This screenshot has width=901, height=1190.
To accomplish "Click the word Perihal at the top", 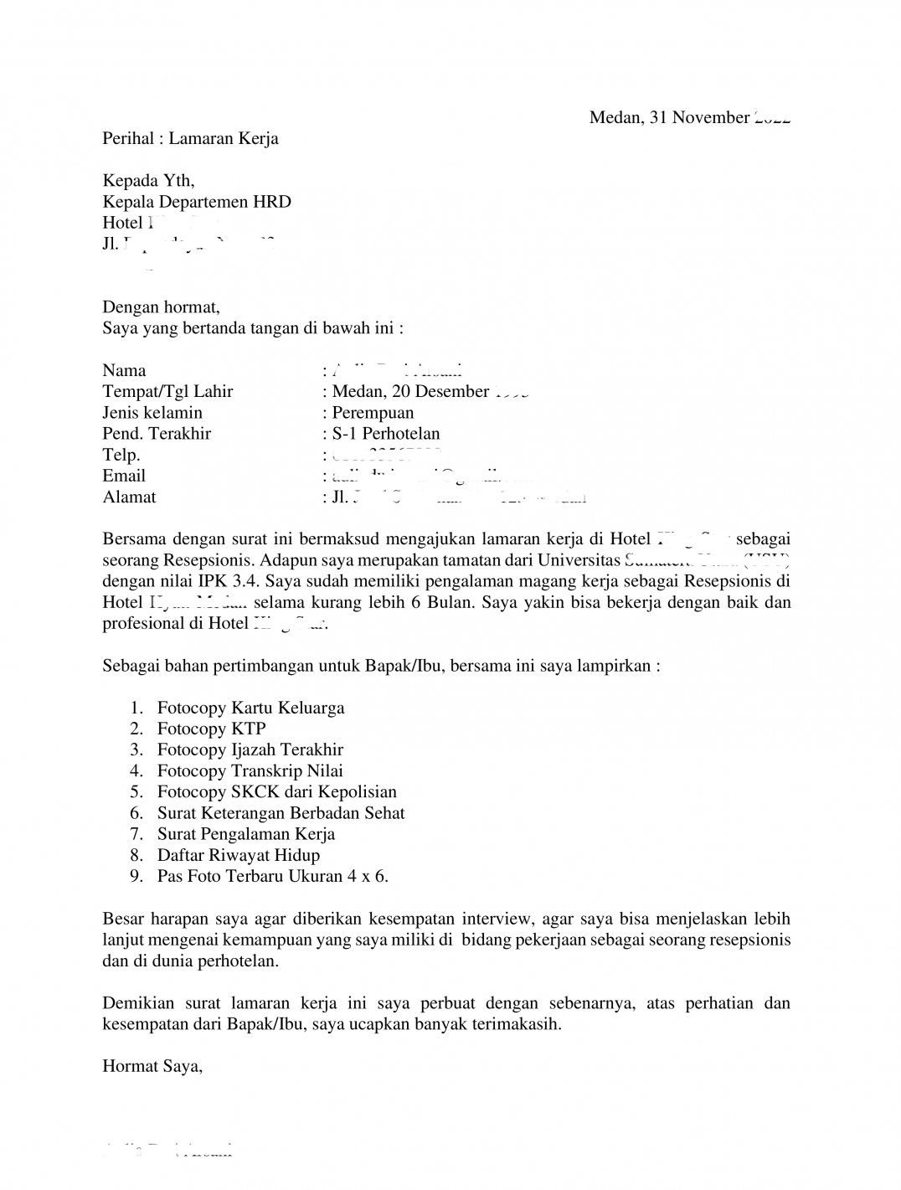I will (127, 139).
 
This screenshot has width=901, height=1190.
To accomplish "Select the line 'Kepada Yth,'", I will (148, 181).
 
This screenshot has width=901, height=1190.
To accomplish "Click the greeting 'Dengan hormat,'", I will (161, 307).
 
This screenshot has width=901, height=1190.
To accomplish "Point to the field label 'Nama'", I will (124, 370).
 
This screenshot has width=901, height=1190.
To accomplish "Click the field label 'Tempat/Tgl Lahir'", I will (167, 391).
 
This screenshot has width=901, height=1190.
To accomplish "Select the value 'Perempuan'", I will (373, 412).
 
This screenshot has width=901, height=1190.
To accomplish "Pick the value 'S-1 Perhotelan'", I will (386, 433).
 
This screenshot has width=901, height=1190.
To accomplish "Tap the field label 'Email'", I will (124, 476).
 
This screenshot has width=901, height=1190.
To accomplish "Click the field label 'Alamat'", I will (129, 497).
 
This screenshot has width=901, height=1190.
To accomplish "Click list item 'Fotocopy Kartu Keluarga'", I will (250, 708).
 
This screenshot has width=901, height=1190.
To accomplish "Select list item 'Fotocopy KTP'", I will (211, 729).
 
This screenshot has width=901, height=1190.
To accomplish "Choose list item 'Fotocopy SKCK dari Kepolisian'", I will (276, 792).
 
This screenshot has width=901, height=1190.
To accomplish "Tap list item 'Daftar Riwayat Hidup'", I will (238, 856).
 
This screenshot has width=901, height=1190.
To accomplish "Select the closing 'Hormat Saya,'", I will (152, 1067).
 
